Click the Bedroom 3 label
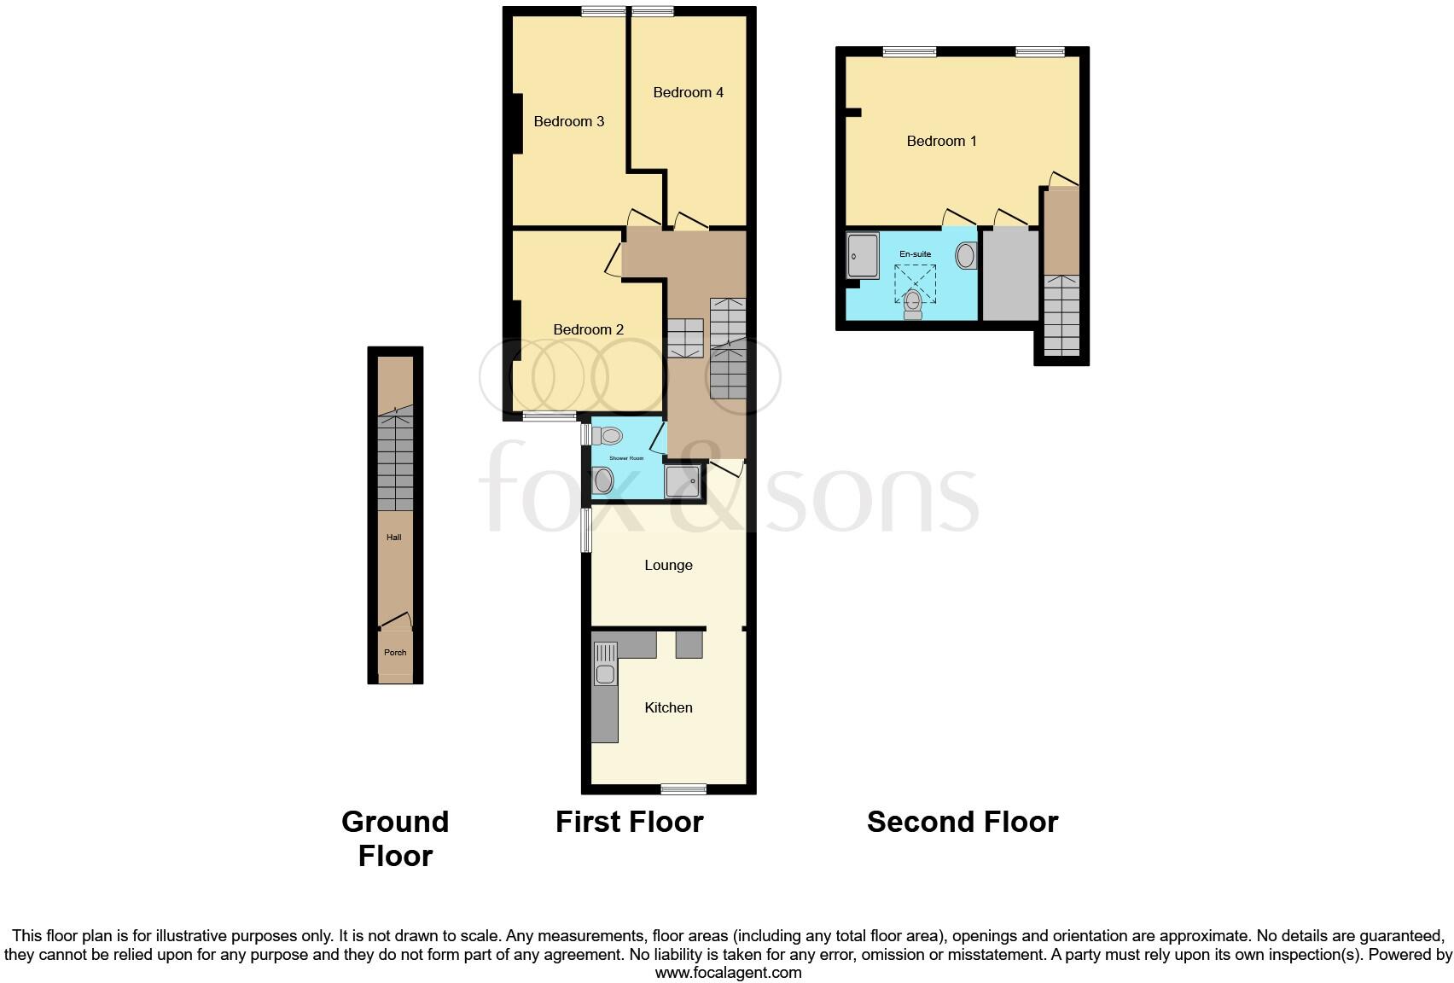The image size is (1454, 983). (x=568, y=121)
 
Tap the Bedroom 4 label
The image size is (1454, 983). (x=688, y=92)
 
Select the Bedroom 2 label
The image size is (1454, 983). (x=588, y=329)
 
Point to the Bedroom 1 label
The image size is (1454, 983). (x=941, y=141)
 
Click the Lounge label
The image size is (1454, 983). (x=668, y=565)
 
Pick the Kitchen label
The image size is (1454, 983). (x=668, y=707)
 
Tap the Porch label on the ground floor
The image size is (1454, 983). (x=395, y=653)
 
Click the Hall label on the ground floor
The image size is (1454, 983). (x=393, y=538)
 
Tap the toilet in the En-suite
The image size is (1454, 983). (x=913, y=303)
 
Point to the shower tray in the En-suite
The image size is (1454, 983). (x=863, y=256)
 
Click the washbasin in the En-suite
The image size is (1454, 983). (x=966, y=255)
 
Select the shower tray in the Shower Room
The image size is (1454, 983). (x=683, y=481)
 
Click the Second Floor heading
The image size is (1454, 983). (x=963, y=822)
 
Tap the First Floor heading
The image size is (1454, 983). (x=629, y=822)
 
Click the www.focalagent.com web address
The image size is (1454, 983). (x=728, y=972)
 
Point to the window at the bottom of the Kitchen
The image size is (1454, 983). (x=683, y=788)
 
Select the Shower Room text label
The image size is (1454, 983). (x=626, y=458)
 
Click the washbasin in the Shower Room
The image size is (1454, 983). (x=604, y=481)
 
